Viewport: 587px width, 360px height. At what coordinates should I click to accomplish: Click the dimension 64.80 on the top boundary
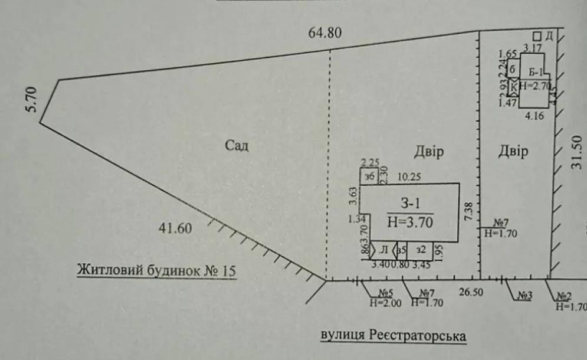point(324,32)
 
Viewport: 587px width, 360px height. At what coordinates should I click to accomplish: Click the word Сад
point(237,146)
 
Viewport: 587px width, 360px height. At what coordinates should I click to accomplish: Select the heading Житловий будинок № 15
point(156,271)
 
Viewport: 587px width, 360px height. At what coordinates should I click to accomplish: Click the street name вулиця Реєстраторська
point(393,335)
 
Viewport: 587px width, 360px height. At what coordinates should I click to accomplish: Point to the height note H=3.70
point(410,222)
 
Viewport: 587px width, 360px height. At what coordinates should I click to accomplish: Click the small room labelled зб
point(370,177)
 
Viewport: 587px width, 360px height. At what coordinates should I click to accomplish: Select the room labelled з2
point(420,250)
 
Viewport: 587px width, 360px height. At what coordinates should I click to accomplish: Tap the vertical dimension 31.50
point(577,153)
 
